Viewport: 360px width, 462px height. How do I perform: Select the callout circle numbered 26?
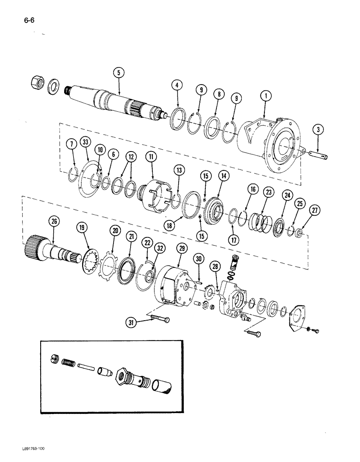[54, 223]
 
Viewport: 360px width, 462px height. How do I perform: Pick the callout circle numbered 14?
[224, 176]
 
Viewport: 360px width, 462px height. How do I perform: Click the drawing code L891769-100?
[34, 449]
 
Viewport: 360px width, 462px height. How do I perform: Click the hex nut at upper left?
[36, 83]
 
